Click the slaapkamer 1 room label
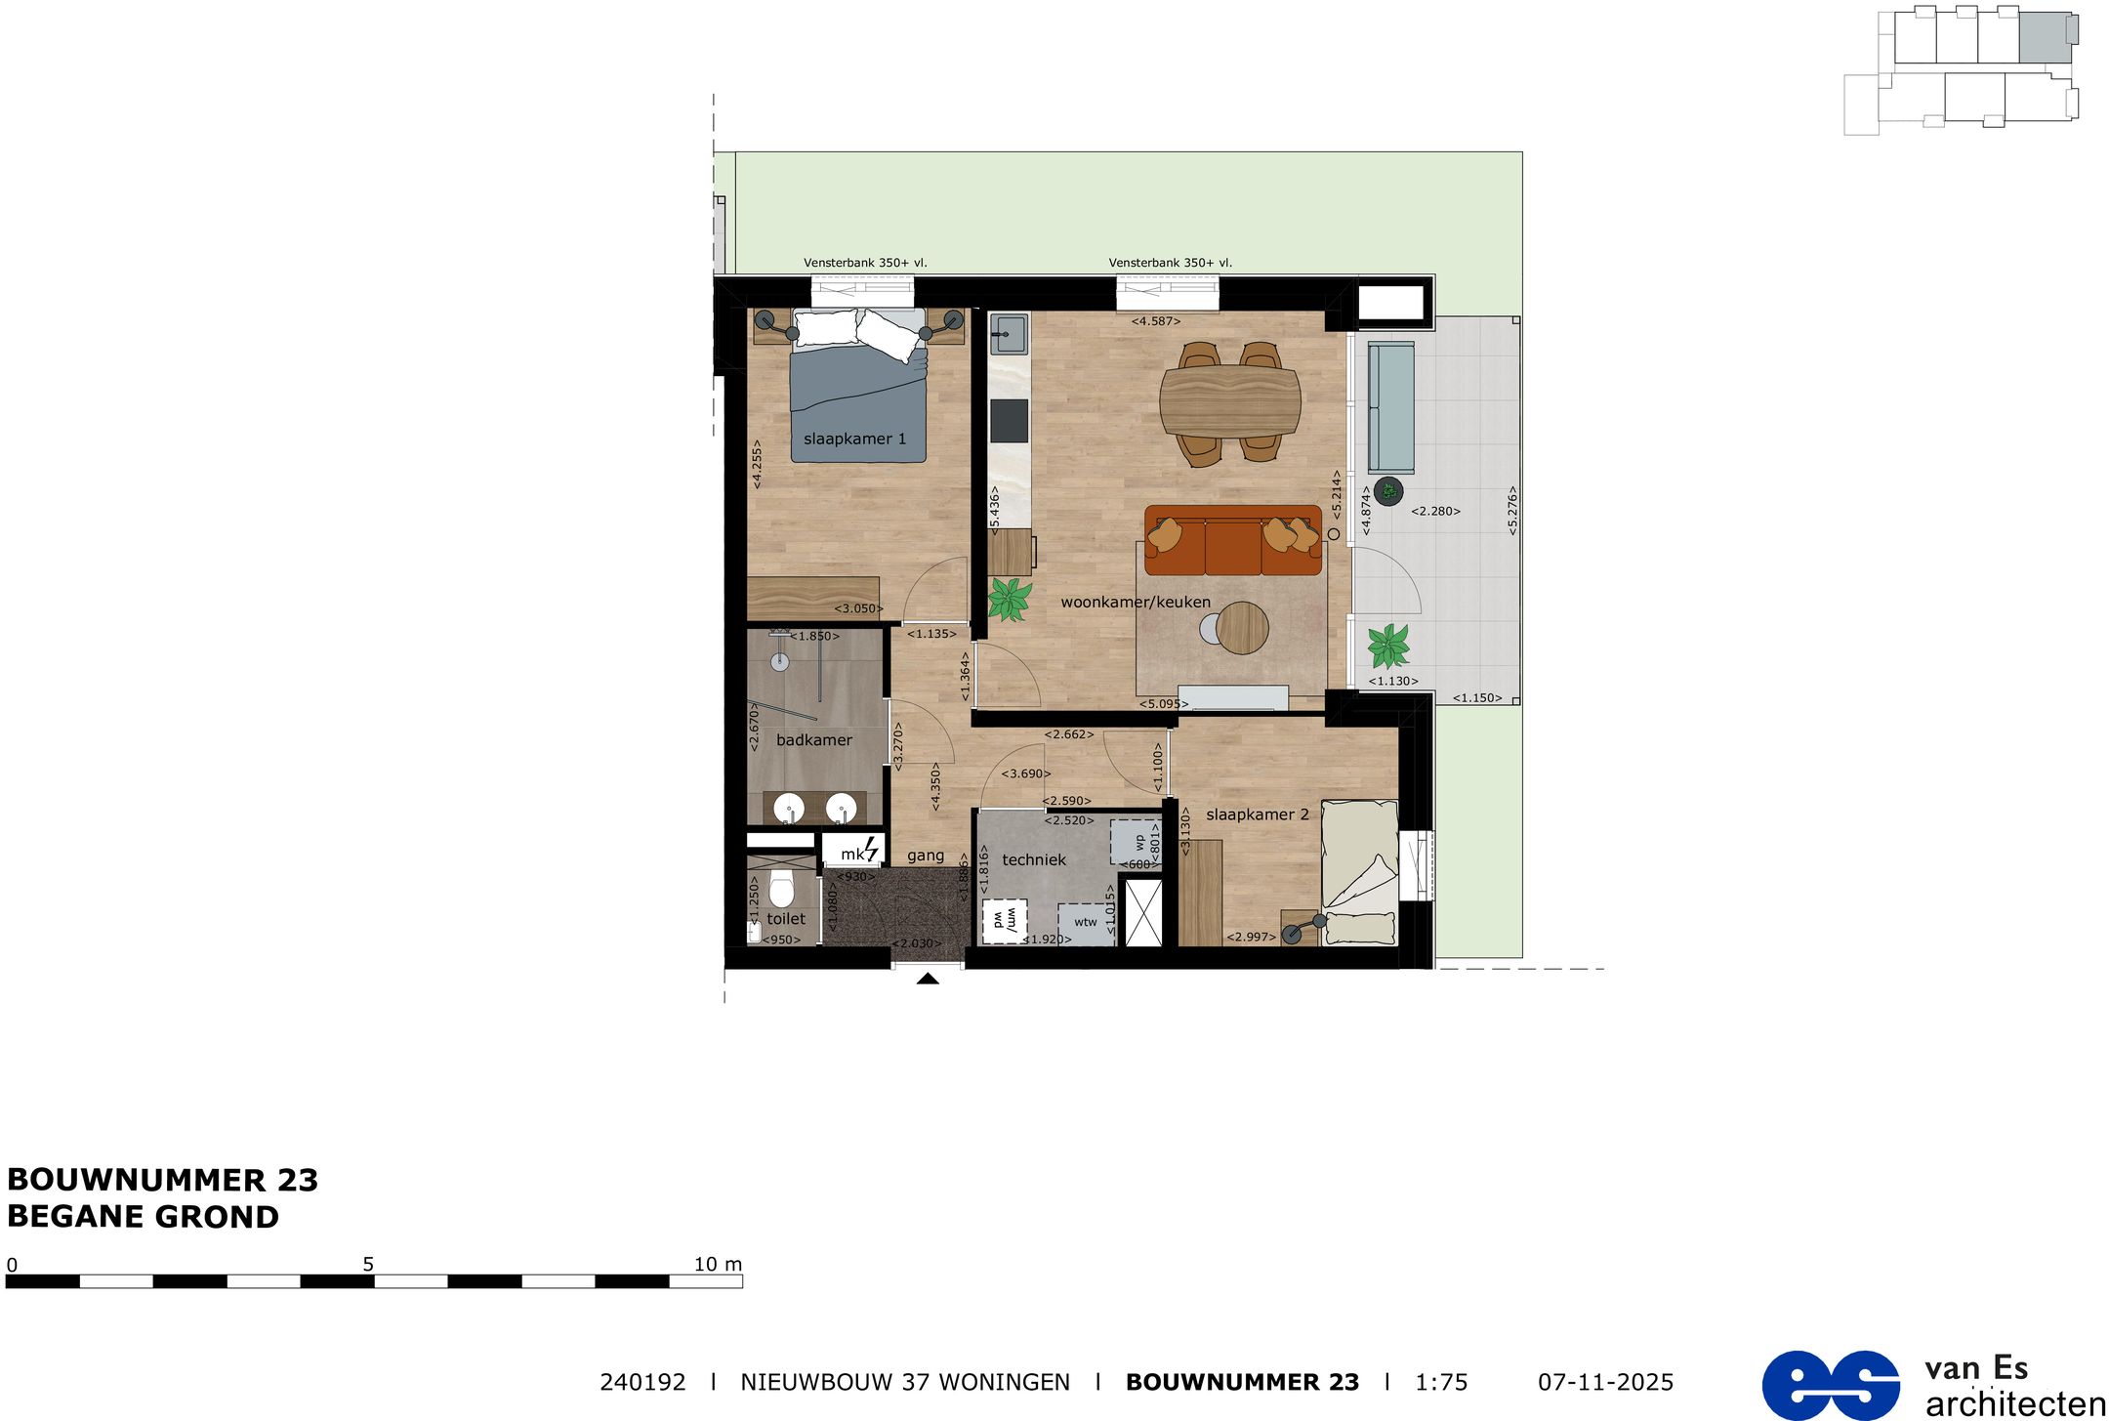tap(854, 439)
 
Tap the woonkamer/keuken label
tap(1135, 603)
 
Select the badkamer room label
tap(813, 740)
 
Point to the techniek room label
tap(1034, 860)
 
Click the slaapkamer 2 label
tap(1257, 815)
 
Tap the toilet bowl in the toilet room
tap(781, 889)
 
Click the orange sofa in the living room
tap(1232, 541)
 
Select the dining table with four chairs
tap(1229, 400)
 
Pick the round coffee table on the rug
tap(1241, 627)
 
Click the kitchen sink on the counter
tap(1009, 334)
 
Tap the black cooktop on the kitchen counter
tap(1009, 421)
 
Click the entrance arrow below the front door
tap(928, 979)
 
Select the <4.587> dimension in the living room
tap(1156, 321)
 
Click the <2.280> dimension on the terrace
tap(1435, 511)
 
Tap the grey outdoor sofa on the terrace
tap(1390, 407)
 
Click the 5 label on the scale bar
tap(368, 1264)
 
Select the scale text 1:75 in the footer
tap(1441, 1383)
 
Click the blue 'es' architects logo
tap(1831, 1385)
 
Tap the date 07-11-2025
tap(1605, 1383)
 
